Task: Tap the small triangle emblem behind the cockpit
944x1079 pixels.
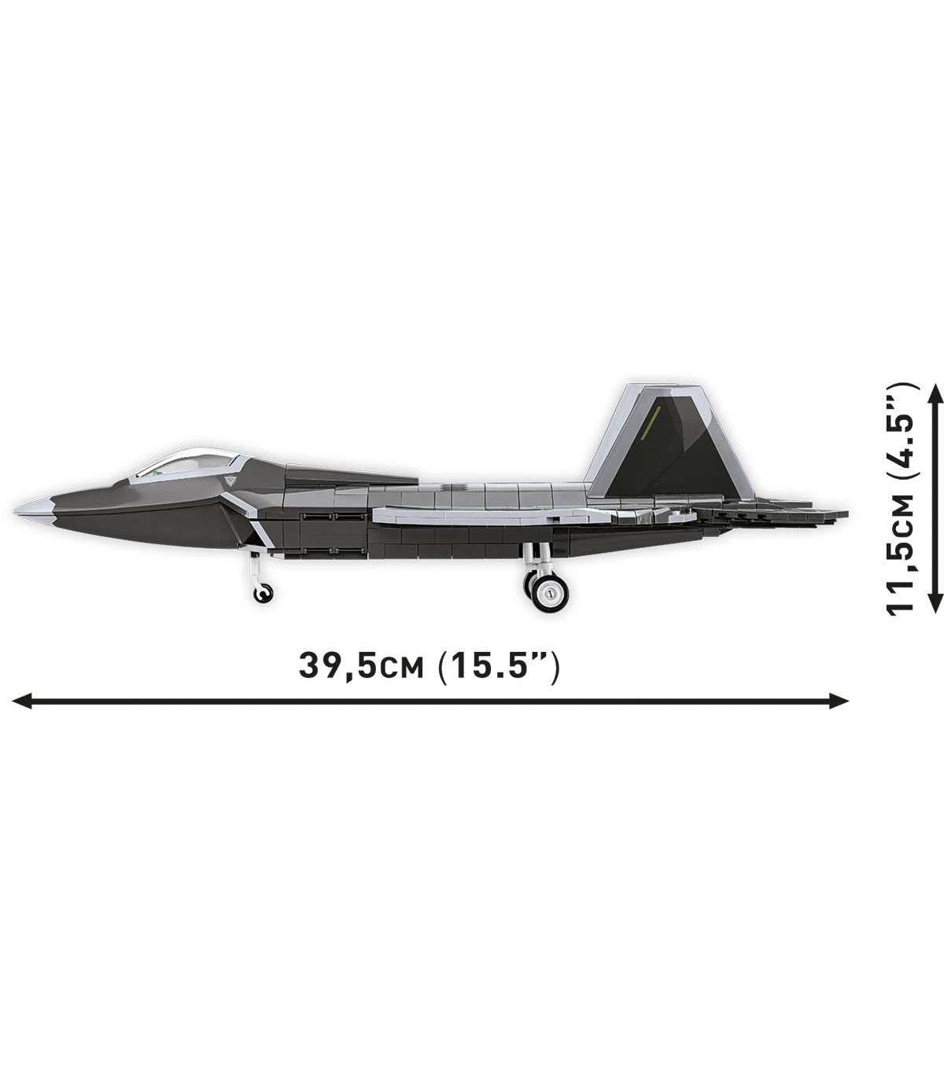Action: [230, 480]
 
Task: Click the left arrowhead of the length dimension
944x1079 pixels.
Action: [20, 701]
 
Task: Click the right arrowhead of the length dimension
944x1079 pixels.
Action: [839, 701]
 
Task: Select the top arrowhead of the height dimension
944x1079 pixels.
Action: [935, 394]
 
